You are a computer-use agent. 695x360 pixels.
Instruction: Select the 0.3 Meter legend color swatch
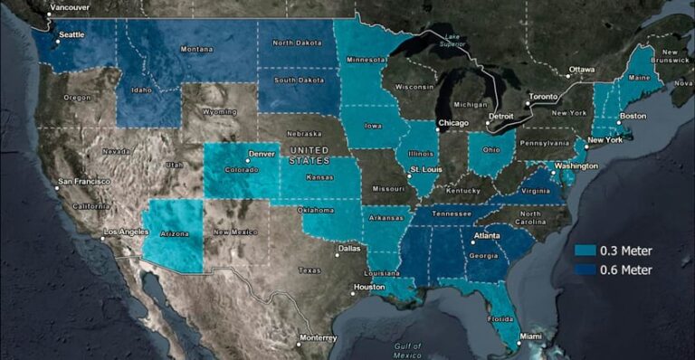(585, 251)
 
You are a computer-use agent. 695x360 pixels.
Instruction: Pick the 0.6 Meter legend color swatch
(585, 270)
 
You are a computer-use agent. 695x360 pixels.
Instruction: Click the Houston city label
(369, 287)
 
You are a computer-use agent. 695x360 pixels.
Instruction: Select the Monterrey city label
(318, 337)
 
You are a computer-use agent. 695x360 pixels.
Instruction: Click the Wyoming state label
(220, 112)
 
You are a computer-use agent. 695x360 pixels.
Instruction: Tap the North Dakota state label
(299, 43)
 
